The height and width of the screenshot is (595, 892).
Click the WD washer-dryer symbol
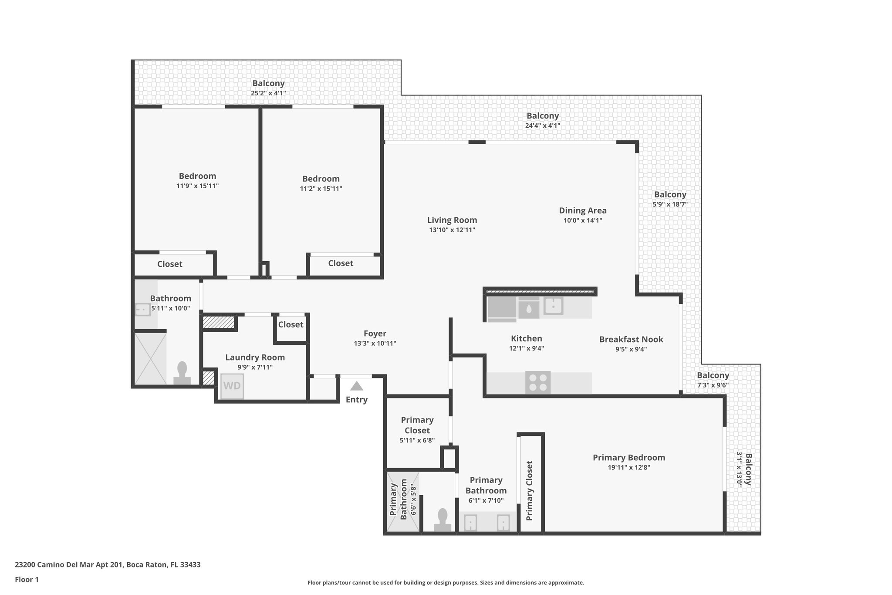[232, 386]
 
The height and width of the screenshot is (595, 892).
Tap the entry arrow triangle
[356, 386]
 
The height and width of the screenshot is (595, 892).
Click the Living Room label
[452, 220]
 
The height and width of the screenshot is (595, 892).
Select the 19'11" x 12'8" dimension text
[628, 468]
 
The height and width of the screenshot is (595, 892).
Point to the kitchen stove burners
[537, 382]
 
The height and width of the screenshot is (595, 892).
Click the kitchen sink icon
[553, 306]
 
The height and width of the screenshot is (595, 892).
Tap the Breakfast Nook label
[631, 339]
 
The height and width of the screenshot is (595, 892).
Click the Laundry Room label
[255, 357]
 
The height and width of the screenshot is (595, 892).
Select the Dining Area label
[582, 211]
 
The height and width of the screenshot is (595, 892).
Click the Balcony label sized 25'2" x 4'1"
[268, 83]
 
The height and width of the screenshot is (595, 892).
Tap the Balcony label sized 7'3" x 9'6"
[713, 375]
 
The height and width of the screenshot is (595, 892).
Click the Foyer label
[375, 334]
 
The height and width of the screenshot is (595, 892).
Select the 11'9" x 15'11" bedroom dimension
[197, 186]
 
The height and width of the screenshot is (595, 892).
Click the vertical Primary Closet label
[529, 490]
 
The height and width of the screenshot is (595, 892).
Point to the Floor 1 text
[27, 579]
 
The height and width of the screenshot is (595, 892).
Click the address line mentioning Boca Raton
[108, 564]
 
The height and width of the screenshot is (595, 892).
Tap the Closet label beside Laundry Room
[291, 324]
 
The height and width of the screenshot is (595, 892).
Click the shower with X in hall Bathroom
[150, 358]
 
